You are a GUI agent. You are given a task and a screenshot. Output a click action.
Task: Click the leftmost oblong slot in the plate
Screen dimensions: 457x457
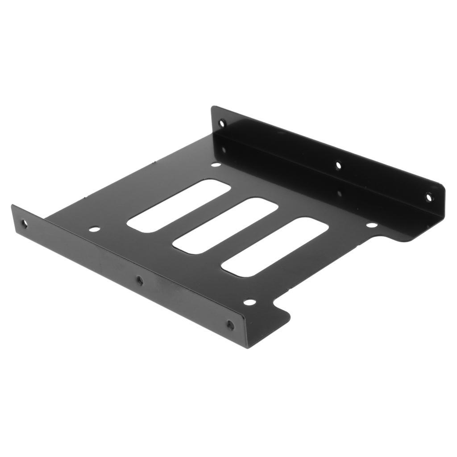pos(179,206)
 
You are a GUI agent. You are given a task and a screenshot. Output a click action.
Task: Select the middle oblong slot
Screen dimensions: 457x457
pos(225,226)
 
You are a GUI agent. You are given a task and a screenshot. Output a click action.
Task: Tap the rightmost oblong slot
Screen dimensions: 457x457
pos(275,247)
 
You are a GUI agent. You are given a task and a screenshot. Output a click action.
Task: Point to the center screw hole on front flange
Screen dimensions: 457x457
pos(140,280)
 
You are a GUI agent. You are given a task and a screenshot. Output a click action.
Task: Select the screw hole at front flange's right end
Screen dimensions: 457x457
pos(230,325)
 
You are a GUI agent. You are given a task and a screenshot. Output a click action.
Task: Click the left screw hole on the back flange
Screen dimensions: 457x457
pos(222,123)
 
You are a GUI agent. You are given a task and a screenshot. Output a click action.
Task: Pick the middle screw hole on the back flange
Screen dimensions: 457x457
pos(338,166)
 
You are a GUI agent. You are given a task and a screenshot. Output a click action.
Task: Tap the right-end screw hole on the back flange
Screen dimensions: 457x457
pos(428,196)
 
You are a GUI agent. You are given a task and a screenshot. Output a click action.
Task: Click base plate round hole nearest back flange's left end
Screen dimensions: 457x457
pos(216,165)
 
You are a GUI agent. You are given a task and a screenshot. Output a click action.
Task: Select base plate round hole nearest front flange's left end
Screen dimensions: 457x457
pos(94,229)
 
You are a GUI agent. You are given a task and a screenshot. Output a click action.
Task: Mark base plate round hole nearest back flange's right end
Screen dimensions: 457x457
pos(371,224)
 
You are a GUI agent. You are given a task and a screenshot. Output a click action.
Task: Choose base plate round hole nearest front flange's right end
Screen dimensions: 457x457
pos(249,302)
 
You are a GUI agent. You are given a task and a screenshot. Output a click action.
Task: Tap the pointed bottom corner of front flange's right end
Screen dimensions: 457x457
pos(248,347)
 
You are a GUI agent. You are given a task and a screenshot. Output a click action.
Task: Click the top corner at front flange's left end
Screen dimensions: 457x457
pos(12,206)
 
